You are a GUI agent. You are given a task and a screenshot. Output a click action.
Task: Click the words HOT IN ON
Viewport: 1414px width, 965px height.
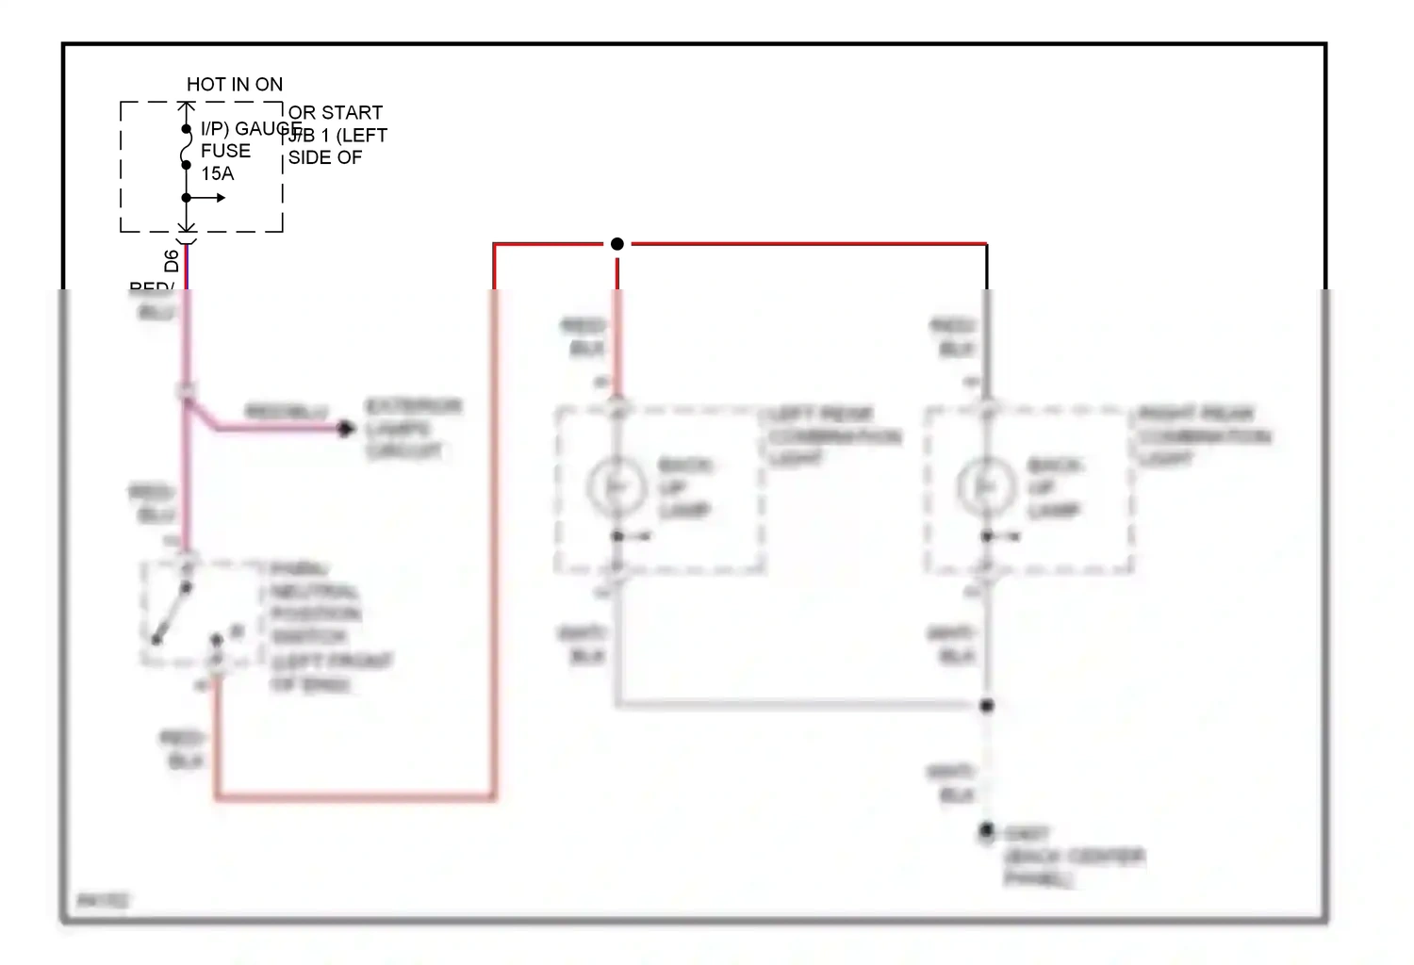(x=235, y=85)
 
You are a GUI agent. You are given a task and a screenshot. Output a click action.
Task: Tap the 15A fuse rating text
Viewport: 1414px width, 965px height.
(x=217, y=173)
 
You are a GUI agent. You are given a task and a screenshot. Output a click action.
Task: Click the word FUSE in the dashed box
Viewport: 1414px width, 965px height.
(x=225, y=151)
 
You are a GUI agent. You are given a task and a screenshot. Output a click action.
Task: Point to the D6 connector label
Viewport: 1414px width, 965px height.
(x=172, y=261)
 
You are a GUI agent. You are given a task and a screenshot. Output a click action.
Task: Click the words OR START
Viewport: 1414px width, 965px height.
(x=336, y=113)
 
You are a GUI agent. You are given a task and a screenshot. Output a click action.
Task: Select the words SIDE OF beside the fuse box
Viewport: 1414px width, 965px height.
(x=325, y=157)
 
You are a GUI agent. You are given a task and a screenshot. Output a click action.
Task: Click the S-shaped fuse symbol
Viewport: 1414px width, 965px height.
(x=187, y=147)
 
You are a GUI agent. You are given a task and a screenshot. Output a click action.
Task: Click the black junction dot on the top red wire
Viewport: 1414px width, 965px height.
(x=617, y=244)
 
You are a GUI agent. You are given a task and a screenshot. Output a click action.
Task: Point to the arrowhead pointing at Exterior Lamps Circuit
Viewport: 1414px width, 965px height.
(x=346, y=429)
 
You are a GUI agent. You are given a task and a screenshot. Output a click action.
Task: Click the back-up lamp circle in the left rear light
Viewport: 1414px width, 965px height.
(x=617, y=487)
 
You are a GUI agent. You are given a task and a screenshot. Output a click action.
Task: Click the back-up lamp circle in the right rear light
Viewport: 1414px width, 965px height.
(x=986, y=487)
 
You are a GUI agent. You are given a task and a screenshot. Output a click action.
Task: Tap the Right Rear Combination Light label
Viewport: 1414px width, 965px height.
(x=1203, y=435)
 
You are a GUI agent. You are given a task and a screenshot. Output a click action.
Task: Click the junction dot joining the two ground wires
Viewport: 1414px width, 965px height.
(x=987, y=706)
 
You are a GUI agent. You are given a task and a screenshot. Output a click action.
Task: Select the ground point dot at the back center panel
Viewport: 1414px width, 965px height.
(x=986, y=830)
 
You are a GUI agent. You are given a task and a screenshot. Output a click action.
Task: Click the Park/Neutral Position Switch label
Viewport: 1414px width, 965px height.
(x=321, y=626)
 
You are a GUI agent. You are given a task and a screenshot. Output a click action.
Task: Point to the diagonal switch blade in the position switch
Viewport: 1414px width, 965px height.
(x=172, y=614)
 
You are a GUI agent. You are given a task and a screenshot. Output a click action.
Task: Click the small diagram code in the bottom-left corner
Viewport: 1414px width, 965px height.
(x=102, y=901)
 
